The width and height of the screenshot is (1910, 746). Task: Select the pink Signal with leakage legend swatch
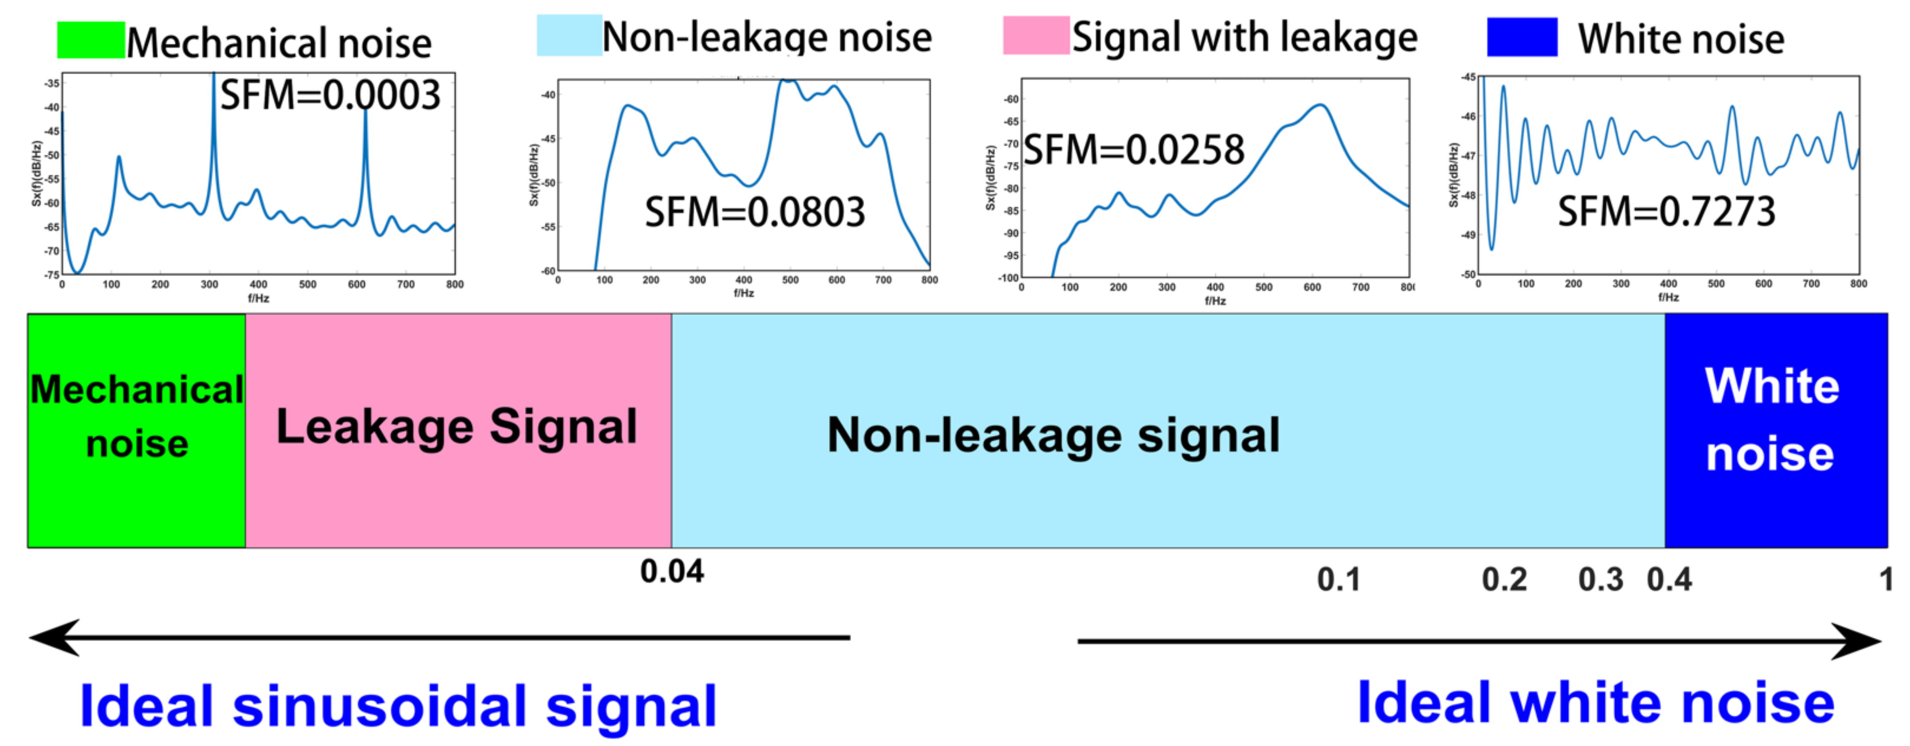(1036, 35)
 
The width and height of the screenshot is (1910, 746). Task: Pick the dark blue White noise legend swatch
(1522, 37)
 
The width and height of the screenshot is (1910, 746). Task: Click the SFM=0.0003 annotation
(331, 96)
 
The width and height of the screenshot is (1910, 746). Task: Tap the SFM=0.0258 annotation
(1134, 151)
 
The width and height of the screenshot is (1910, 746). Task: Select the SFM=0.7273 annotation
(1666, 211)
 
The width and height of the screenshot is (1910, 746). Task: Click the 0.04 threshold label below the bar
(672, 572)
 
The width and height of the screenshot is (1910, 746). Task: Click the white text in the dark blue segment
(1771, 420)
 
